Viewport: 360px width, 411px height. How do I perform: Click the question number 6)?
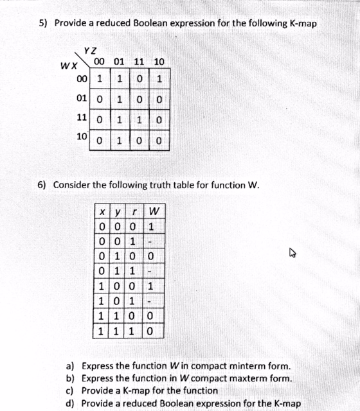42,185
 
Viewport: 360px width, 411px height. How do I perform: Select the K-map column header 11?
139,62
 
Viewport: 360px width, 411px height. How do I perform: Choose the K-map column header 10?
159,62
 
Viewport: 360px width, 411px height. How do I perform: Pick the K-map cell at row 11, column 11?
139,120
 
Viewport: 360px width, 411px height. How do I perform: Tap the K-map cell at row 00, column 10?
159,80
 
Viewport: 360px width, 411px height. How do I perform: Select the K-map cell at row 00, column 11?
139,80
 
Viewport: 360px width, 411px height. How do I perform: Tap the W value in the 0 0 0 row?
152,226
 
